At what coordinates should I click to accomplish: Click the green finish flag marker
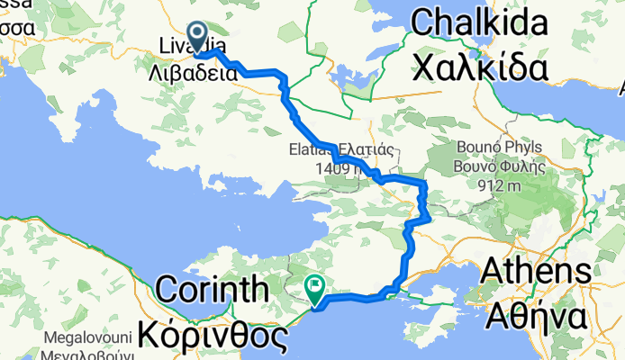pyautogui.click(x=316, y=290)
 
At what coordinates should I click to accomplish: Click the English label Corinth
pyautogui.click(x=213, y=290)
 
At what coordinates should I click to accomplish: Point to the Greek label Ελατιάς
pyautogui.click(x=365, y=149)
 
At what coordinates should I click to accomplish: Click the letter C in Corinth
pyautogui.click(x=168, y=290)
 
